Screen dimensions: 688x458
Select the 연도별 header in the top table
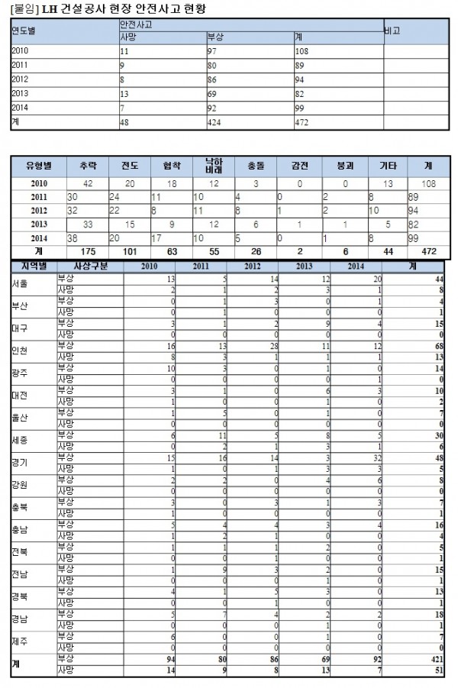[24, 31]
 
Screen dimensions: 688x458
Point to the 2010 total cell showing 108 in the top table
[302, 50]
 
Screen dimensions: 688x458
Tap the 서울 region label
[21, 285]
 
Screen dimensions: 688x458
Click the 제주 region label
[21, 641]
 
